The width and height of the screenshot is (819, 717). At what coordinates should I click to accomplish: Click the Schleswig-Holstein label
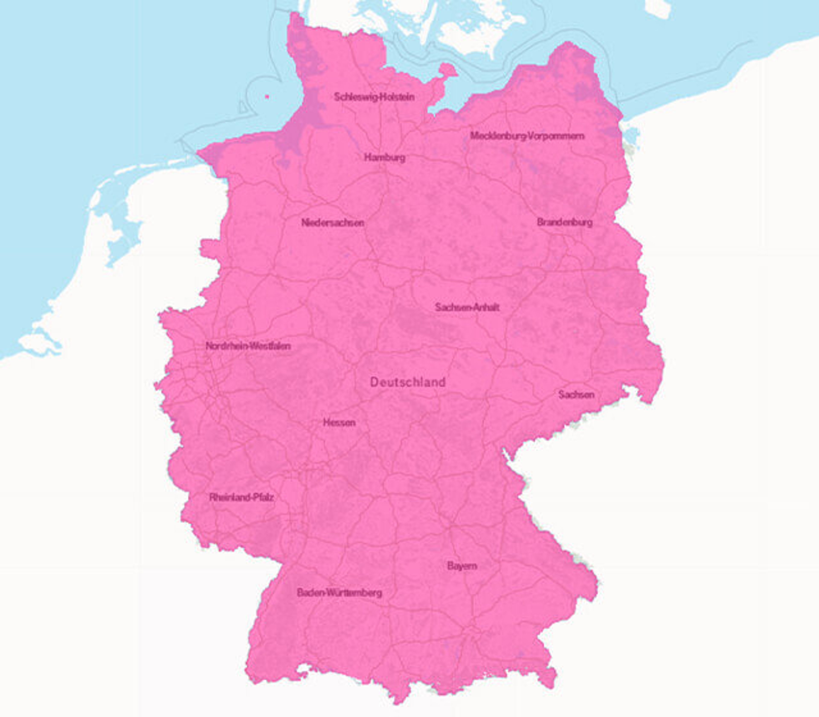(374, 97)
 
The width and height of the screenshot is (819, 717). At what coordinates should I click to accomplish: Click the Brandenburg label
(565, 222)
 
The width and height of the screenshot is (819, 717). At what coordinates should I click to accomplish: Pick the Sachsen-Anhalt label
(467, 307)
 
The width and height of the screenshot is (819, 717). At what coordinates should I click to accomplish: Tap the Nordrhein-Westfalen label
(248, 346)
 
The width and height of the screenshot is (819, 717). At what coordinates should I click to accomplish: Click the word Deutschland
(408, 382)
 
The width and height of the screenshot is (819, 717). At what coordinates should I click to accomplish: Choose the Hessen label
(339, 423)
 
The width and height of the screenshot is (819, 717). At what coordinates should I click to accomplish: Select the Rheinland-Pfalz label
(241, 497)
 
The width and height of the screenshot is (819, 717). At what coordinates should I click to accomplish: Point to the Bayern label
(462, 566)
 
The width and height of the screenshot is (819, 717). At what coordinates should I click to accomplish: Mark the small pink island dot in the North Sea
(267, 96)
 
